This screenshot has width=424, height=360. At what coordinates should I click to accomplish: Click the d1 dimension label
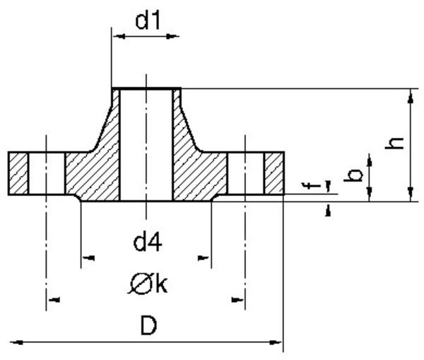coord(148,22)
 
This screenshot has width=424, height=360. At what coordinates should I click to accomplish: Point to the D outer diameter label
coord(148,326)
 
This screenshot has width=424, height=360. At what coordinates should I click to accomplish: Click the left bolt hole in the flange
coord(47,174)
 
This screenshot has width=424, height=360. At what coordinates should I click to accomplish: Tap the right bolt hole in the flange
coord(246,174)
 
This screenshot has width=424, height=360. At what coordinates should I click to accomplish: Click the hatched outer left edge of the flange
coord(19,174)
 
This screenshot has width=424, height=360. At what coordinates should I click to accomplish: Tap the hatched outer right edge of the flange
coord(274,174)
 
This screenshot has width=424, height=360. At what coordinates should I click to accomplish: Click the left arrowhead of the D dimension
coord(16,342)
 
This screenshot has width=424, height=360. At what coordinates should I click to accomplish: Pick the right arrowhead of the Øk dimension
coord(239,300)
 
